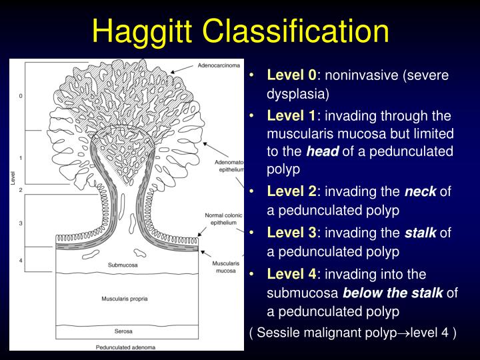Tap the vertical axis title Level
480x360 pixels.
point(13,178)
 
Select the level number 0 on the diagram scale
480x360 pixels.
point(21,96)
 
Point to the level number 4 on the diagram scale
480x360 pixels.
point(21,260)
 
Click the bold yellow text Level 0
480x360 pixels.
point(293,75)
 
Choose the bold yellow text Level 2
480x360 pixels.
point(293,192)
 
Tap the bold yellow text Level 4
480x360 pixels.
point(293,274)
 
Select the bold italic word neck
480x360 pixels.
point(421,192)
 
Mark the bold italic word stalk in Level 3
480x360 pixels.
point(421,233)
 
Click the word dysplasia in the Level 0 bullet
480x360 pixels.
point(298,93)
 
